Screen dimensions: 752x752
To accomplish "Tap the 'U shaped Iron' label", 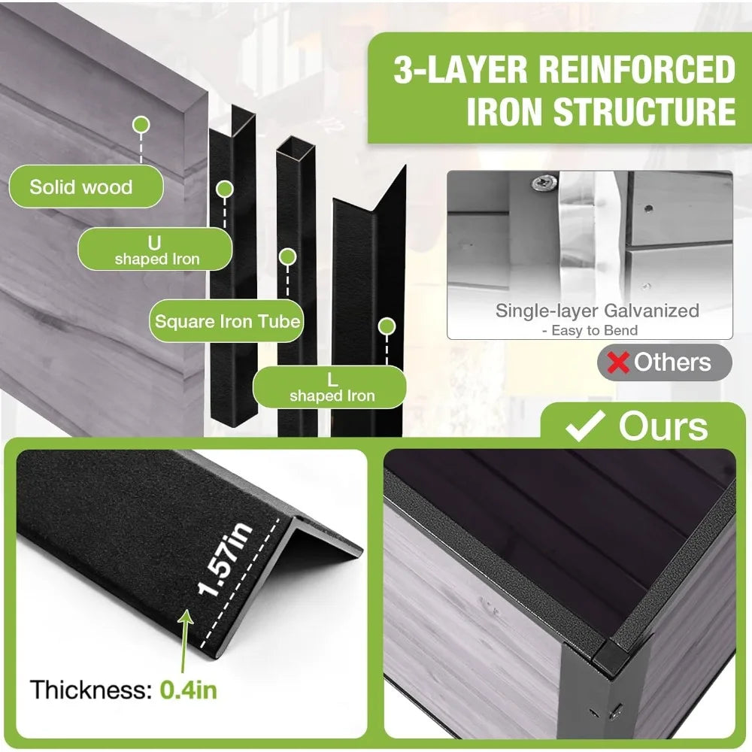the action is coord(155,250).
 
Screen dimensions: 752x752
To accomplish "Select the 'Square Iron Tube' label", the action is coord(227,321).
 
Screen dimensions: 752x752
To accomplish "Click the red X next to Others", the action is coord(617,362).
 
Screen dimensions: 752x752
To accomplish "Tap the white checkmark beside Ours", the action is coord(585,425).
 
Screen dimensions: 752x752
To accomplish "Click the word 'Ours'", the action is coord(663,426).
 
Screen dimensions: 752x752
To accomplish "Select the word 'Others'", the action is coord(672,362).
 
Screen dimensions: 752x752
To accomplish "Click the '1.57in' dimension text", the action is coord(224,559).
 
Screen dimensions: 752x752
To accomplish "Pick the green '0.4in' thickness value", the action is coord(188,690).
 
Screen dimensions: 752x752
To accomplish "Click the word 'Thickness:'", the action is coord(91,690).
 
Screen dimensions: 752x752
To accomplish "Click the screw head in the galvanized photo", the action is coord(544,182).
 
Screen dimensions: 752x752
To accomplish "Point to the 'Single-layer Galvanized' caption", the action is coord(597,311).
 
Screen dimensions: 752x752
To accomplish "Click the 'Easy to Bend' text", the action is coord(594,330).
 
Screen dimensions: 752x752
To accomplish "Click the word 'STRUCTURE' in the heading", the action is coord(644,111).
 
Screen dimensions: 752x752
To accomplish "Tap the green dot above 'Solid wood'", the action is coord(141,125).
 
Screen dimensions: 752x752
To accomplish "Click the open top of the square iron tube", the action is coord(295,147).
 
